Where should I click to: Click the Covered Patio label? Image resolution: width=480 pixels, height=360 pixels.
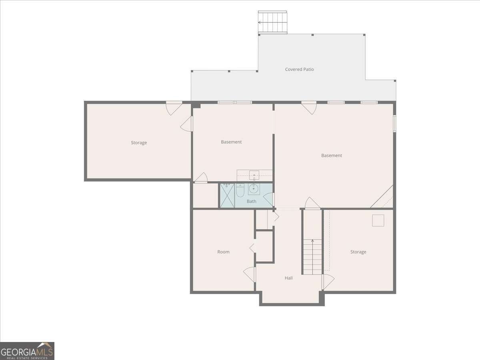click(299, 69)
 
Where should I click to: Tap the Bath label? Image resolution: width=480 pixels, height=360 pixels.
click(251, 201)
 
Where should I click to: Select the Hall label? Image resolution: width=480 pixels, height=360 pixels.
click(289, 278)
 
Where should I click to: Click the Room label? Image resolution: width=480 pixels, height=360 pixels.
click(223, 252)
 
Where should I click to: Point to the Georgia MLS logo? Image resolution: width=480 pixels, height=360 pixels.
click(27, 351)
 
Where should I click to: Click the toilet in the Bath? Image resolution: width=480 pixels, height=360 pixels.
click(240, 190)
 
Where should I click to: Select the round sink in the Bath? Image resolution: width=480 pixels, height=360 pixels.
click(254, 189)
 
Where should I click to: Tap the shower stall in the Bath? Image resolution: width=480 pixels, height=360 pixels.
click(227, 196)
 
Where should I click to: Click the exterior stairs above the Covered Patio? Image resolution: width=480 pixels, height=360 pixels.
click(272, 22)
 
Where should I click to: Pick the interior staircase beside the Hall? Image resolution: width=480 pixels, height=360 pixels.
click(312, 257)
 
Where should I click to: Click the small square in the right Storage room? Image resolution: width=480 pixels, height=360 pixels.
click(378, 220)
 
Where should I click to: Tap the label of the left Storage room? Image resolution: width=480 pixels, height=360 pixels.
click(139, 143)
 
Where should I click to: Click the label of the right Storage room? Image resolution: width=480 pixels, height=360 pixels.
click(358, 252)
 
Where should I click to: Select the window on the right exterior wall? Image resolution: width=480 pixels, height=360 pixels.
click(395, 124)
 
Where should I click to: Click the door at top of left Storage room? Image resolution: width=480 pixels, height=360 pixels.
click(174, 108)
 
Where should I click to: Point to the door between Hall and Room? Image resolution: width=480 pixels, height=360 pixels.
click(250, 274)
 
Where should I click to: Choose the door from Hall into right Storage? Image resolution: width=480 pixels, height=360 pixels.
click(328, 282)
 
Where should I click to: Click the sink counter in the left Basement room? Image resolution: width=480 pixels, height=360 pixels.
click(254, 176)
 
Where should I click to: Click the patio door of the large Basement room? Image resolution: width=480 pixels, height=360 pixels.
click(309, 108)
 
